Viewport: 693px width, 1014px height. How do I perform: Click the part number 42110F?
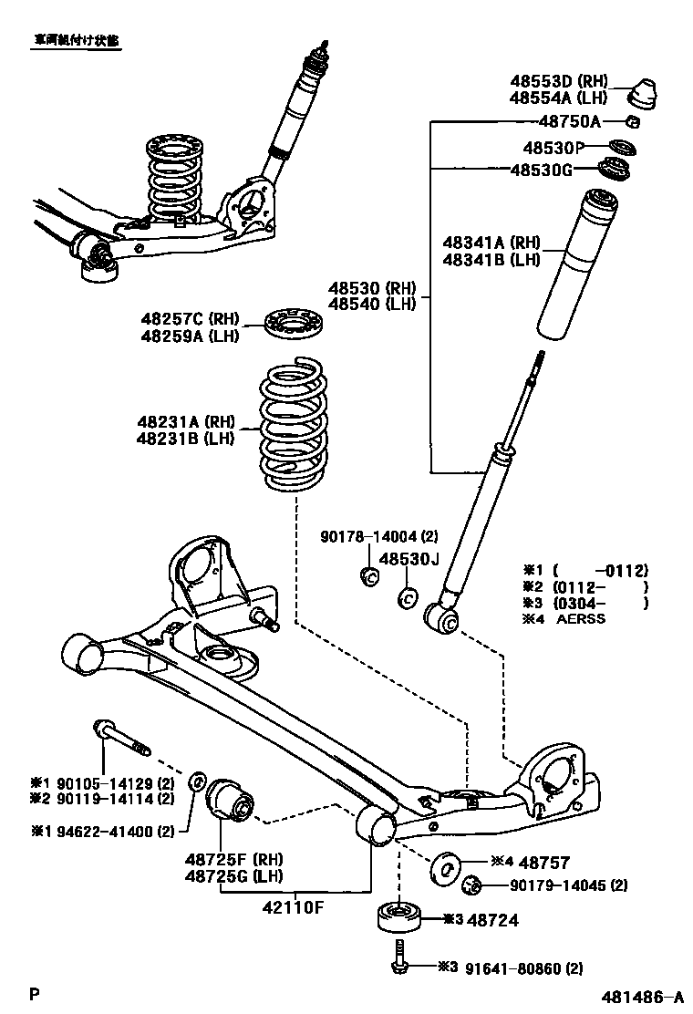(x=294, y=908)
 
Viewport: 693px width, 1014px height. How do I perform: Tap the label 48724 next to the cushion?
(x=492, y=920)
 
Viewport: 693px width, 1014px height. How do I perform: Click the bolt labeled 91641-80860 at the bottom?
(x=398, y=967)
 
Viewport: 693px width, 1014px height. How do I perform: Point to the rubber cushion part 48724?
(x=398, y=917)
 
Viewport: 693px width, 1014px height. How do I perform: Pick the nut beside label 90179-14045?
(x=471, y=884)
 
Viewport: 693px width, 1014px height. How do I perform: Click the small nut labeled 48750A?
(x=633, y=122)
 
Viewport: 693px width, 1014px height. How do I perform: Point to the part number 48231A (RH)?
(x=187, y=421)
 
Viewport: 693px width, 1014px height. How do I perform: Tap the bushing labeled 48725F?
(x=231, y=800)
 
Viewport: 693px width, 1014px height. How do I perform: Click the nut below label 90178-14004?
(x=370, y=576)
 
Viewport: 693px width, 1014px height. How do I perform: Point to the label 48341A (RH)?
(x=491, y=243)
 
